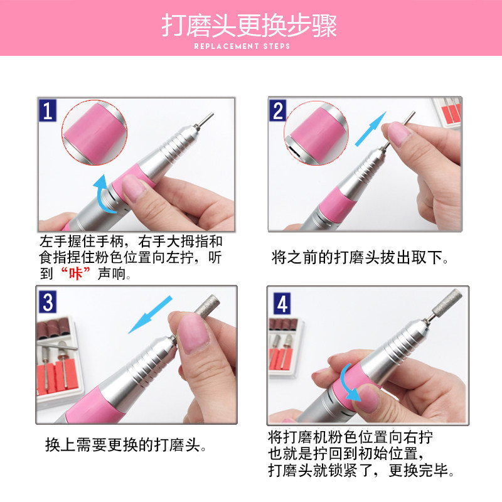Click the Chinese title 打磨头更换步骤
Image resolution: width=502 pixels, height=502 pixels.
point(249,25)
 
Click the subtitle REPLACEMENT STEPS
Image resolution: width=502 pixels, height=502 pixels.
point(242,46)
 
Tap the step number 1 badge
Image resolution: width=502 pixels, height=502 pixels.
point(48,110)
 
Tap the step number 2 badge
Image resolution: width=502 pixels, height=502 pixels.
point(277,111)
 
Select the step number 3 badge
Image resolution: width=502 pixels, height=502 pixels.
point(48,302)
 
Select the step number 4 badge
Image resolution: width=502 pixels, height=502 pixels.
point(282,304)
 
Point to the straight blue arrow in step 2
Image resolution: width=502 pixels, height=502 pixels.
point(371,129)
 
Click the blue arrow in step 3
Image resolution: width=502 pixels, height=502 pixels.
point(150,315)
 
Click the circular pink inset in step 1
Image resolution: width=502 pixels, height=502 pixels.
point(95,132)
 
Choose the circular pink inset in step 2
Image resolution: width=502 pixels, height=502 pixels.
point(316,133)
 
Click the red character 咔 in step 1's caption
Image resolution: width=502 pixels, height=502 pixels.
point(75,274)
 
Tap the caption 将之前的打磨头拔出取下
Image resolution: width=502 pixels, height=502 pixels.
point(360,258)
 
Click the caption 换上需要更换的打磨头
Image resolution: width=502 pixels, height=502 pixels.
point(125,445)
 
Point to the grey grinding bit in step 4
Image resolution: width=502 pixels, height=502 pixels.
point(447,301)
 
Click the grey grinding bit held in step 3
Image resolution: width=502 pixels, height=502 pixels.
point(208,306)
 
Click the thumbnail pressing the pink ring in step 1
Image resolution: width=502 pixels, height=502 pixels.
point(134,188)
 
